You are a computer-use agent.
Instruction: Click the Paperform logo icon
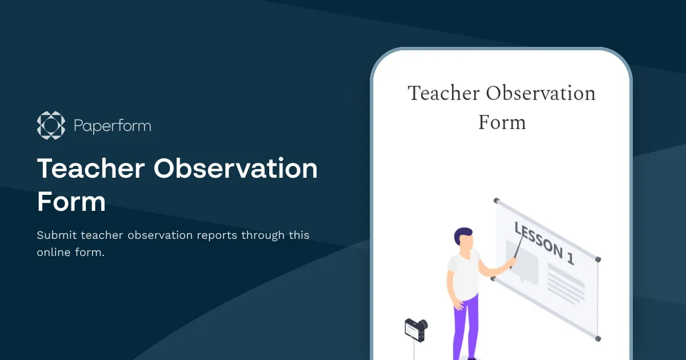(x=51, y=125)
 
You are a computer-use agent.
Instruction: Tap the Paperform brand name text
(x=113, y=126)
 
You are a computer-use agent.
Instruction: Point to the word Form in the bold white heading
(x=71, y=202)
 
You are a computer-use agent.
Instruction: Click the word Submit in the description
(x=57, y=235)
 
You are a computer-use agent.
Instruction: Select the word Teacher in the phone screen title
(x=444, y=93)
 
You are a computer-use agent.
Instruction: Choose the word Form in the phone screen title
(x=501, y=122)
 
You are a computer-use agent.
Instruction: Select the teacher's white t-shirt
(x=464, y=274)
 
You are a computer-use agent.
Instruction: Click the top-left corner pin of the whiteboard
(x=496, y=201)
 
